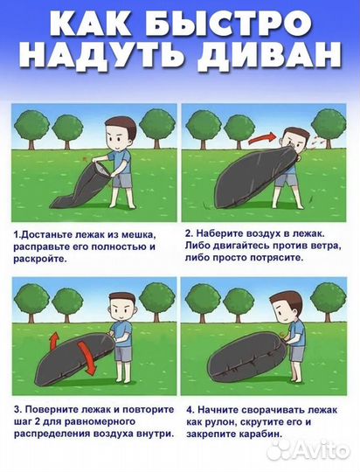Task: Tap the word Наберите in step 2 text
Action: pos(224,235)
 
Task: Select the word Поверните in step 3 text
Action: pos(52,408)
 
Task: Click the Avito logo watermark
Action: pos(308,449)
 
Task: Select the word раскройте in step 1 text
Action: pos(39,260)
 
